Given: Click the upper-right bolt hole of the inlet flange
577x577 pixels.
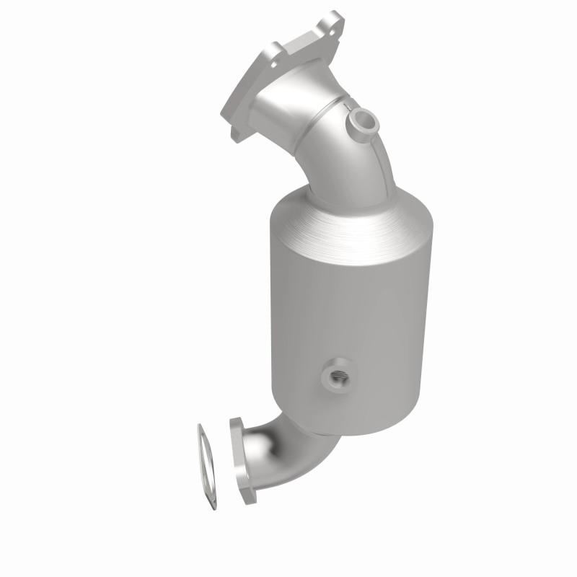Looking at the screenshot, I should [x=332, y=22].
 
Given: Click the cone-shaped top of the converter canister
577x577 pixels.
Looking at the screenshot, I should [x=353, y=216].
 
